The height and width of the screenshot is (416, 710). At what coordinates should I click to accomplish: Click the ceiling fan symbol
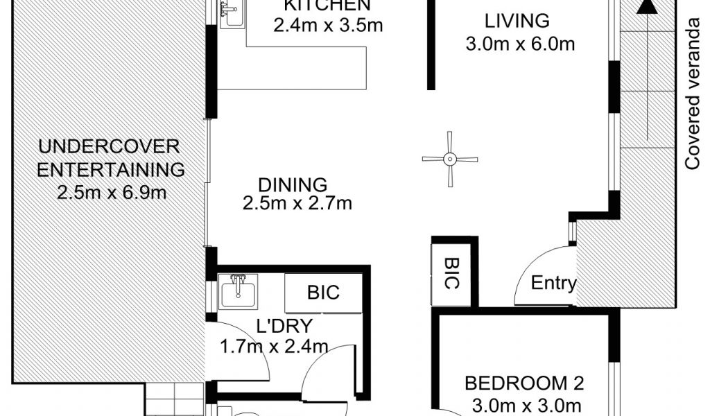pyautogui.click(x=449, y=159)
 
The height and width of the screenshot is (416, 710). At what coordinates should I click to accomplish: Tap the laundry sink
pyautogui.click(x=238, y=291)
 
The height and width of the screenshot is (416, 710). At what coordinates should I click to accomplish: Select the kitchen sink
pyautogui.click(x=232, y=14)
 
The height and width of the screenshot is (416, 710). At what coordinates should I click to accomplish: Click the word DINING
pyautogui.click(x=293, y=185)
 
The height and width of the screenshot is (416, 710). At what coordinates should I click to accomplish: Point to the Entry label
pyautogui.click(x=553, y=284)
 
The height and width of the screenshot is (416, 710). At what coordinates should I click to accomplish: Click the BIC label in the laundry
pyautogui.click(x=323, y=293)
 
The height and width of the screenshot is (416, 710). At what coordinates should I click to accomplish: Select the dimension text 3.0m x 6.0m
pyautogui.click(x=520, y=44)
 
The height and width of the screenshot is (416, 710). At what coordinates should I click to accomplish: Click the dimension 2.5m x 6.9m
pyautogui.click(x=112, y=193)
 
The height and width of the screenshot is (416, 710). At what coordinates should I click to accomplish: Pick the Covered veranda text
pyautogui.click(x=693, y=94)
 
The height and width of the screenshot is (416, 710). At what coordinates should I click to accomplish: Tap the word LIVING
pyautogui.click(x=517, y=21)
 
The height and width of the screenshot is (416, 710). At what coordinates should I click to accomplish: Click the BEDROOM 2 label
pyautogui.click(x=524, y=383)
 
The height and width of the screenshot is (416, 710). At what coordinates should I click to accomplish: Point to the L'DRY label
pyautogui.click(x=284, y=326)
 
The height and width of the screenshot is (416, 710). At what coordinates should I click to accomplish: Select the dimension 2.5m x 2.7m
pyautogui.click(x=297, y=203)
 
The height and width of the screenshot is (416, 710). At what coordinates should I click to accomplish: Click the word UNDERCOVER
pyautogui.click(x=109, y=147)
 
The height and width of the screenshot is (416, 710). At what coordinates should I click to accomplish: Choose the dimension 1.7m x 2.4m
pyautogui.click(x=274, y=347)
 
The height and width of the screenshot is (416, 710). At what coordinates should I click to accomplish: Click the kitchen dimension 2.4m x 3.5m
pyautogui.click(x=328, y=26)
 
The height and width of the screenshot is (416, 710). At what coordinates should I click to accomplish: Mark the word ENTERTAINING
pyautogui.click(x=110, y=170)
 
